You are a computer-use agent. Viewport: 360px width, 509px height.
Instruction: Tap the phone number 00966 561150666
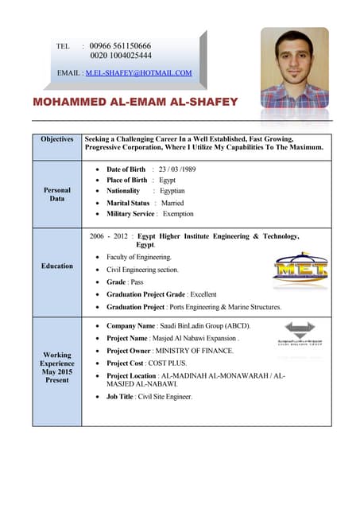point(121,46)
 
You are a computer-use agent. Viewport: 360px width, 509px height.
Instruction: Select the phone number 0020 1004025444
point(121,56)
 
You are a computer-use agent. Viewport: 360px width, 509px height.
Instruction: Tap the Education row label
point(57,266)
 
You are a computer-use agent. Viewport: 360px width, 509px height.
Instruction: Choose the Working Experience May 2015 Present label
point(57,367)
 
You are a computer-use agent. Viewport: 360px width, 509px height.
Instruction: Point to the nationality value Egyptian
point(172,191)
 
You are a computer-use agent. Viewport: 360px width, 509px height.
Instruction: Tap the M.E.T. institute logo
point(300,268)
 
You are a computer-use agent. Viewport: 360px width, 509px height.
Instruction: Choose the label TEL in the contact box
point(64,47)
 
